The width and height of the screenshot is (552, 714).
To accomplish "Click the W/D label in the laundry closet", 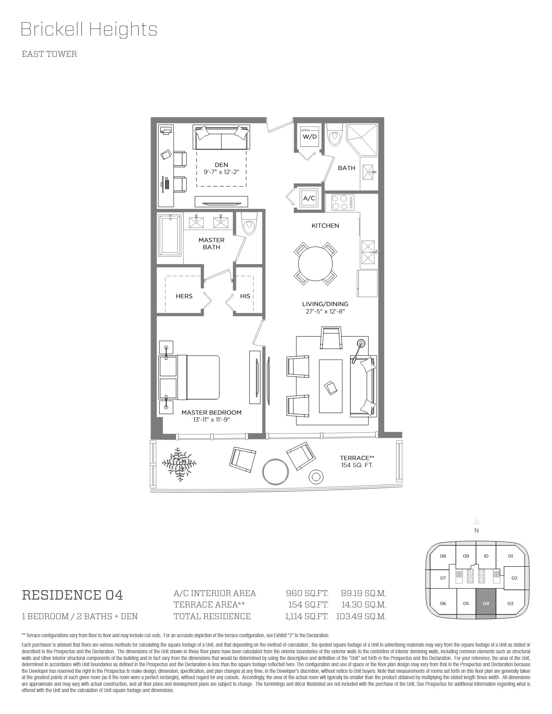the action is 309,137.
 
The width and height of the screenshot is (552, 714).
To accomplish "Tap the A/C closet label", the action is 309,198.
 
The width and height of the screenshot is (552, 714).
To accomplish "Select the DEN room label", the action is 221,165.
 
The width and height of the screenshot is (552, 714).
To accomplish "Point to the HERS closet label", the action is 184,296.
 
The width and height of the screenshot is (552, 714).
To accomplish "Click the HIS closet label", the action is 245,296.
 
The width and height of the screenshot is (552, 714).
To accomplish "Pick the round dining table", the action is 315,264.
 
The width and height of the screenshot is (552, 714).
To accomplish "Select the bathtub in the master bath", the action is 170,234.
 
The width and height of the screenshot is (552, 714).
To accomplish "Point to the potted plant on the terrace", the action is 180,465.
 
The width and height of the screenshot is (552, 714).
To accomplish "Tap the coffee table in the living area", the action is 331,386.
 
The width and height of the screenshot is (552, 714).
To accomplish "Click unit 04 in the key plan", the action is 486,604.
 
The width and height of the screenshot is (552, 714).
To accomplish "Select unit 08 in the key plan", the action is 443,556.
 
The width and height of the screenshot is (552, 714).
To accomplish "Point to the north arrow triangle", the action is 476,522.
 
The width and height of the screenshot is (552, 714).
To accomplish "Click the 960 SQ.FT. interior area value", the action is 307,593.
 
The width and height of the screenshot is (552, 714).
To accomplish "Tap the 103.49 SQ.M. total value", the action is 361,616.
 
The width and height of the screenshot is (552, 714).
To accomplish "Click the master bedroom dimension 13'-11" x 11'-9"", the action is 211,420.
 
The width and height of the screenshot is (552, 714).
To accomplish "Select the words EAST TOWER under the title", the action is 49,54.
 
